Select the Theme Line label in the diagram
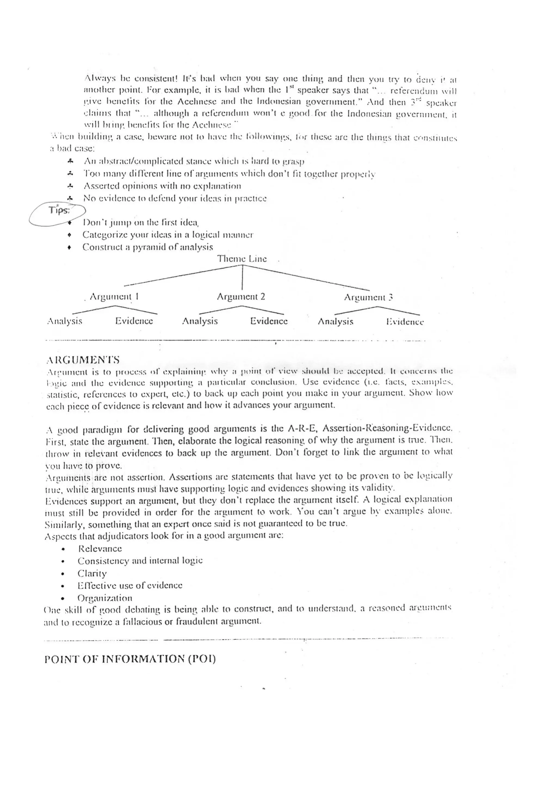point(242,259)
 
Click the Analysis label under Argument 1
point(64,321)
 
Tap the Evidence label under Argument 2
point(268,321)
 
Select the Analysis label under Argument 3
point(335,321)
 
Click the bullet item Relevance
point(100,548)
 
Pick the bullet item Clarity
point(92,573)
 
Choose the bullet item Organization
point(105,598)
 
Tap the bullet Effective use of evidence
point(130,585)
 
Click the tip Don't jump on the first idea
point(141,223)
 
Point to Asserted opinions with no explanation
point(162,186)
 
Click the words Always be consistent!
point(131,79)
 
